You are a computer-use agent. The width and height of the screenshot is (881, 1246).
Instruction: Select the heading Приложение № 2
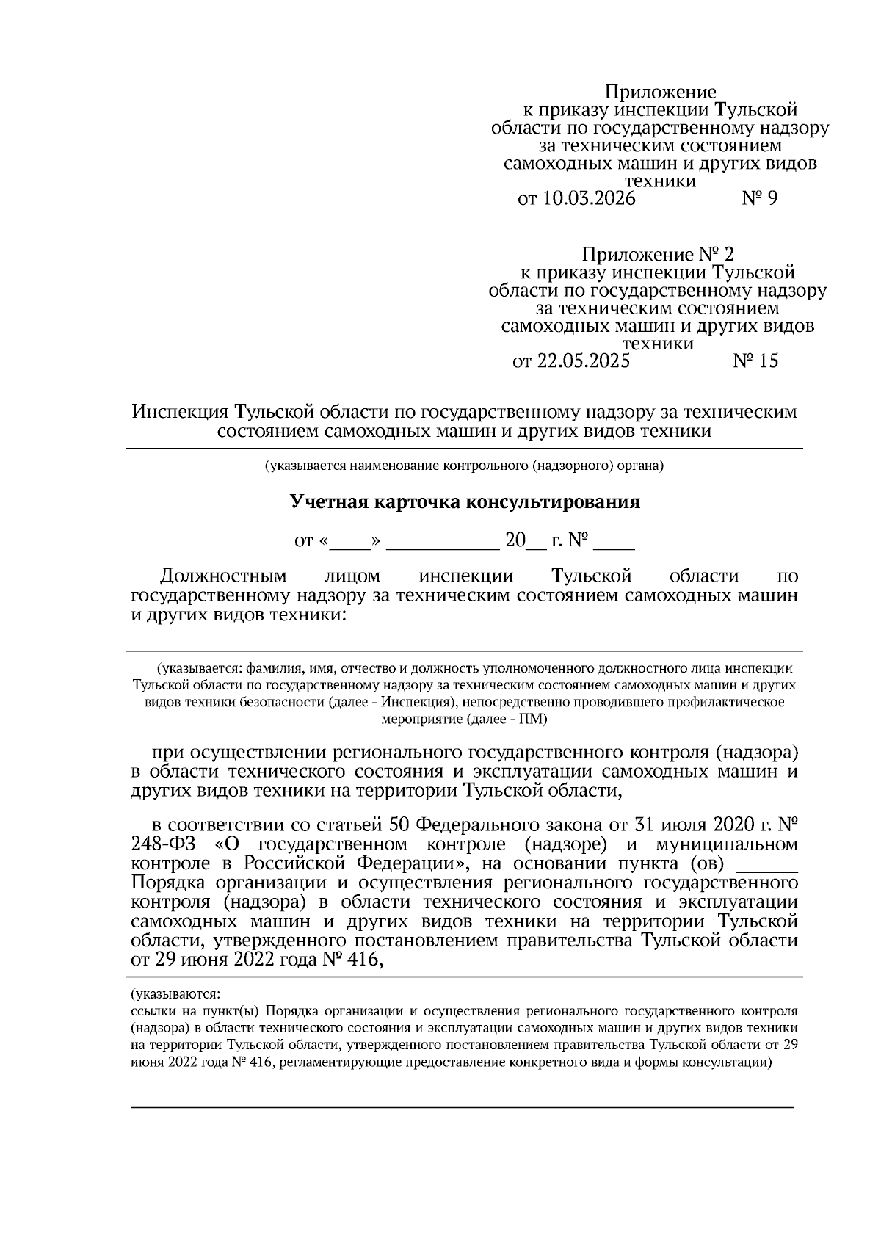[x=657, y=255]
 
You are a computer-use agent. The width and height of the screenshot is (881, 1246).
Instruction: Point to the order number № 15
[x=755, y=361]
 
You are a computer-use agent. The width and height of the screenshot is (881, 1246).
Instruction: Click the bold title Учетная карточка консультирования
[x=465, y=502]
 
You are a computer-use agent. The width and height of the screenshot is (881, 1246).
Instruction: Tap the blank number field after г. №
[x=614, y=543]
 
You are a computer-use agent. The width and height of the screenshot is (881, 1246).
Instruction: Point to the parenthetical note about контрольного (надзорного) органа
[x=465, y=465]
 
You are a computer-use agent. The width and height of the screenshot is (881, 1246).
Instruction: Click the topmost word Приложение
[x=659, y=93]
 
